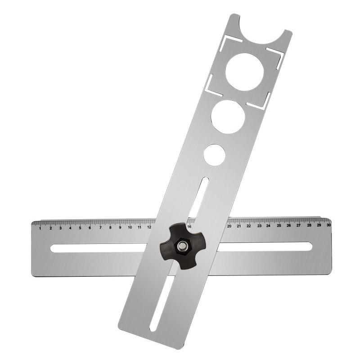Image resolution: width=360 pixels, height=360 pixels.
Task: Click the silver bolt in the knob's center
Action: pyautogui.click(x=182, y=246)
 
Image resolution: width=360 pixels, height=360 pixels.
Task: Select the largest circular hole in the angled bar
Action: pyautogui.click(x=244, y=72)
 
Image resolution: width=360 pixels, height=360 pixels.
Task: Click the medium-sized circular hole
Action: pyautogui.click(x=228, y=117)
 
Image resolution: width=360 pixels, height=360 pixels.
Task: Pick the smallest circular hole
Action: pyautogui.click(x=214, y=155)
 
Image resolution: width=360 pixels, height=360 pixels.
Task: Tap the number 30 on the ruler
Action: pyautogui.click(x=328, y=225)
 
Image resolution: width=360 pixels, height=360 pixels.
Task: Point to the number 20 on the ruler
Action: pyautogui.click(x=229, y=226)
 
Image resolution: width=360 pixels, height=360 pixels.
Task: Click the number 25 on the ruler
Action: pyautogui.click(x=279, y=225)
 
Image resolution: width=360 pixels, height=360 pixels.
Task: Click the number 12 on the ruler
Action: pyautogui.click(x=149, y=227)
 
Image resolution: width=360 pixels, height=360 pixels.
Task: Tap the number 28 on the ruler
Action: pyautogui.click(x=309, y=225)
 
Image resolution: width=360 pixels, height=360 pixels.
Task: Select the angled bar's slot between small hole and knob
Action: pyautogui.click(x=198, y=198)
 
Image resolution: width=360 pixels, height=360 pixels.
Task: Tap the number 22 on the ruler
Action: pyautogui.click(x=249, y=226)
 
